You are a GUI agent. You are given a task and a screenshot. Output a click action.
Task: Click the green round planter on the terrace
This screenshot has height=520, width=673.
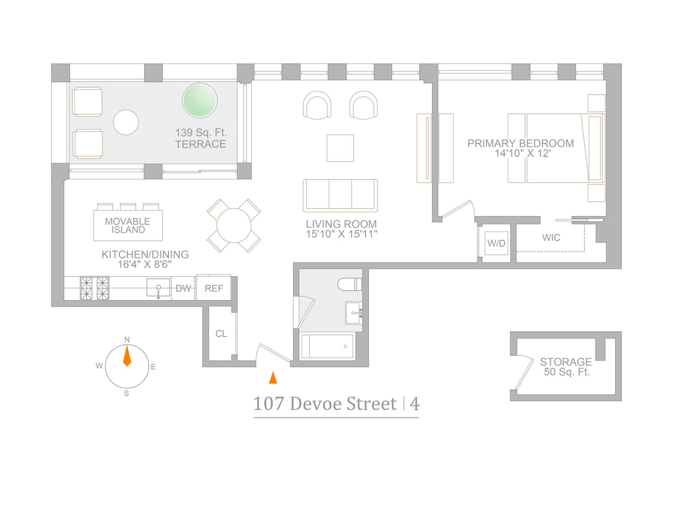[x=199, y=100]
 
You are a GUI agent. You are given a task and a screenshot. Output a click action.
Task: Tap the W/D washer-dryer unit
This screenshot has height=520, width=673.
[x=496, y=243]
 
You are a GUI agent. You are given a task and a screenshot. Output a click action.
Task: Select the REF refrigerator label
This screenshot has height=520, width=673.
[x=214, y=288]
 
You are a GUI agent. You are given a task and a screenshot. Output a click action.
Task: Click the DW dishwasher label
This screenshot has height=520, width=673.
[x=183, y=288]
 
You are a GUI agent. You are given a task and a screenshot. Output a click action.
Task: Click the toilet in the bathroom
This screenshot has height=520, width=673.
[x=350, y=284]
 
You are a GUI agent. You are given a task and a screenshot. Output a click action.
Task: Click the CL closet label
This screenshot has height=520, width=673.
[x=221, y=334]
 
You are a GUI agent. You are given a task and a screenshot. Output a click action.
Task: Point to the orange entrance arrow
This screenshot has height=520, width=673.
[x=273, y=378]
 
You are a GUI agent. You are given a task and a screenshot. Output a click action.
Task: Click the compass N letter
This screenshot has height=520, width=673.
[x=127, y=340]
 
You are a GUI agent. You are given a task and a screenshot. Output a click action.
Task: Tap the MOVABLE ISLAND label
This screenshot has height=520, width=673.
[x=128, y=226]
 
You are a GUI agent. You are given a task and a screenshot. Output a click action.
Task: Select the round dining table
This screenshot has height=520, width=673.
[x=234, y=226]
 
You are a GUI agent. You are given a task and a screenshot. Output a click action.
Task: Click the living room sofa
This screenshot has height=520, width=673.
[x=340, y=195]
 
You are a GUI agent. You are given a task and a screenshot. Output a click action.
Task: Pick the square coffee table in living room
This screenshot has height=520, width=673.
[x=340, y=148]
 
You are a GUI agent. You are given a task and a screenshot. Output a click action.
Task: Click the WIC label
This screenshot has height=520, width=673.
[x=551, y=238]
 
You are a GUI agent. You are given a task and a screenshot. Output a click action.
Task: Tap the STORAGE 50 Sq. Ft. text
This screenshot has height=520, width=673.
[x=566, y=367]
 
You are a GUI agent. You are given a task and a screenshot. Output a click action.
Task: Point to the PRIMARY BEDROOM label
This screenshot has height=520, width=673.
[x=521, y=144]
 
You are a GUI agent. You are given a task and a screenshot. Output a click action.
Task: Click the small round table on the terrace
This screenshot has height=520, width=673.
[x=126, y=123]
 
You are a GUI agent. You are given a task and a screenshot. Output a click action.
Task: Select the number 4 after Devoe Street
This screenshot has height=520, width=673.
[x=415, y=404]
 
